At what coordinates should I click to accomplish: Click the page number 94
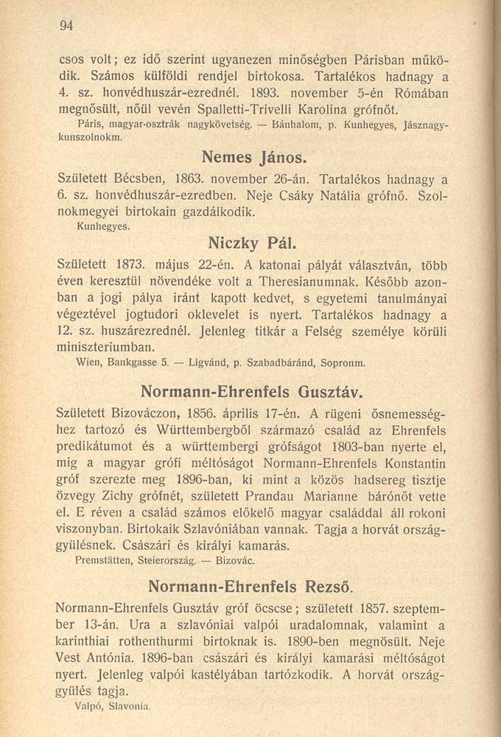click(x=67, y=25)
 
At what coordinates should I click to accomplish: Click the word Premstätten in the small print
click(x=102, y=562)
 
